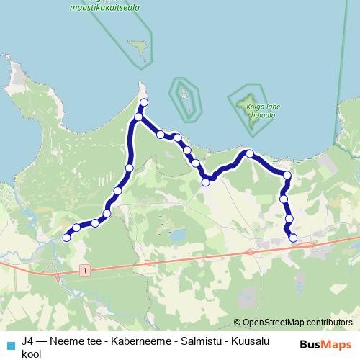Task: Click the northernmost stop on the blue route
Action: (144, 102)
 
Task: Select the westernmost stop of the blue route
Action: (66, 238)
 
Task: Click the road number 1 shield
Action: (85, 270)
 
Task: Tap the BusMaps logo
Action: (328, 344)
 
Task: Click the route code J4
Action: (28, 341)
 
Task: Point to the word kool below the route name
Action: (32, 354)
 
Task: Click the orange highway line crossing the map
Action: (180, 258)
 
